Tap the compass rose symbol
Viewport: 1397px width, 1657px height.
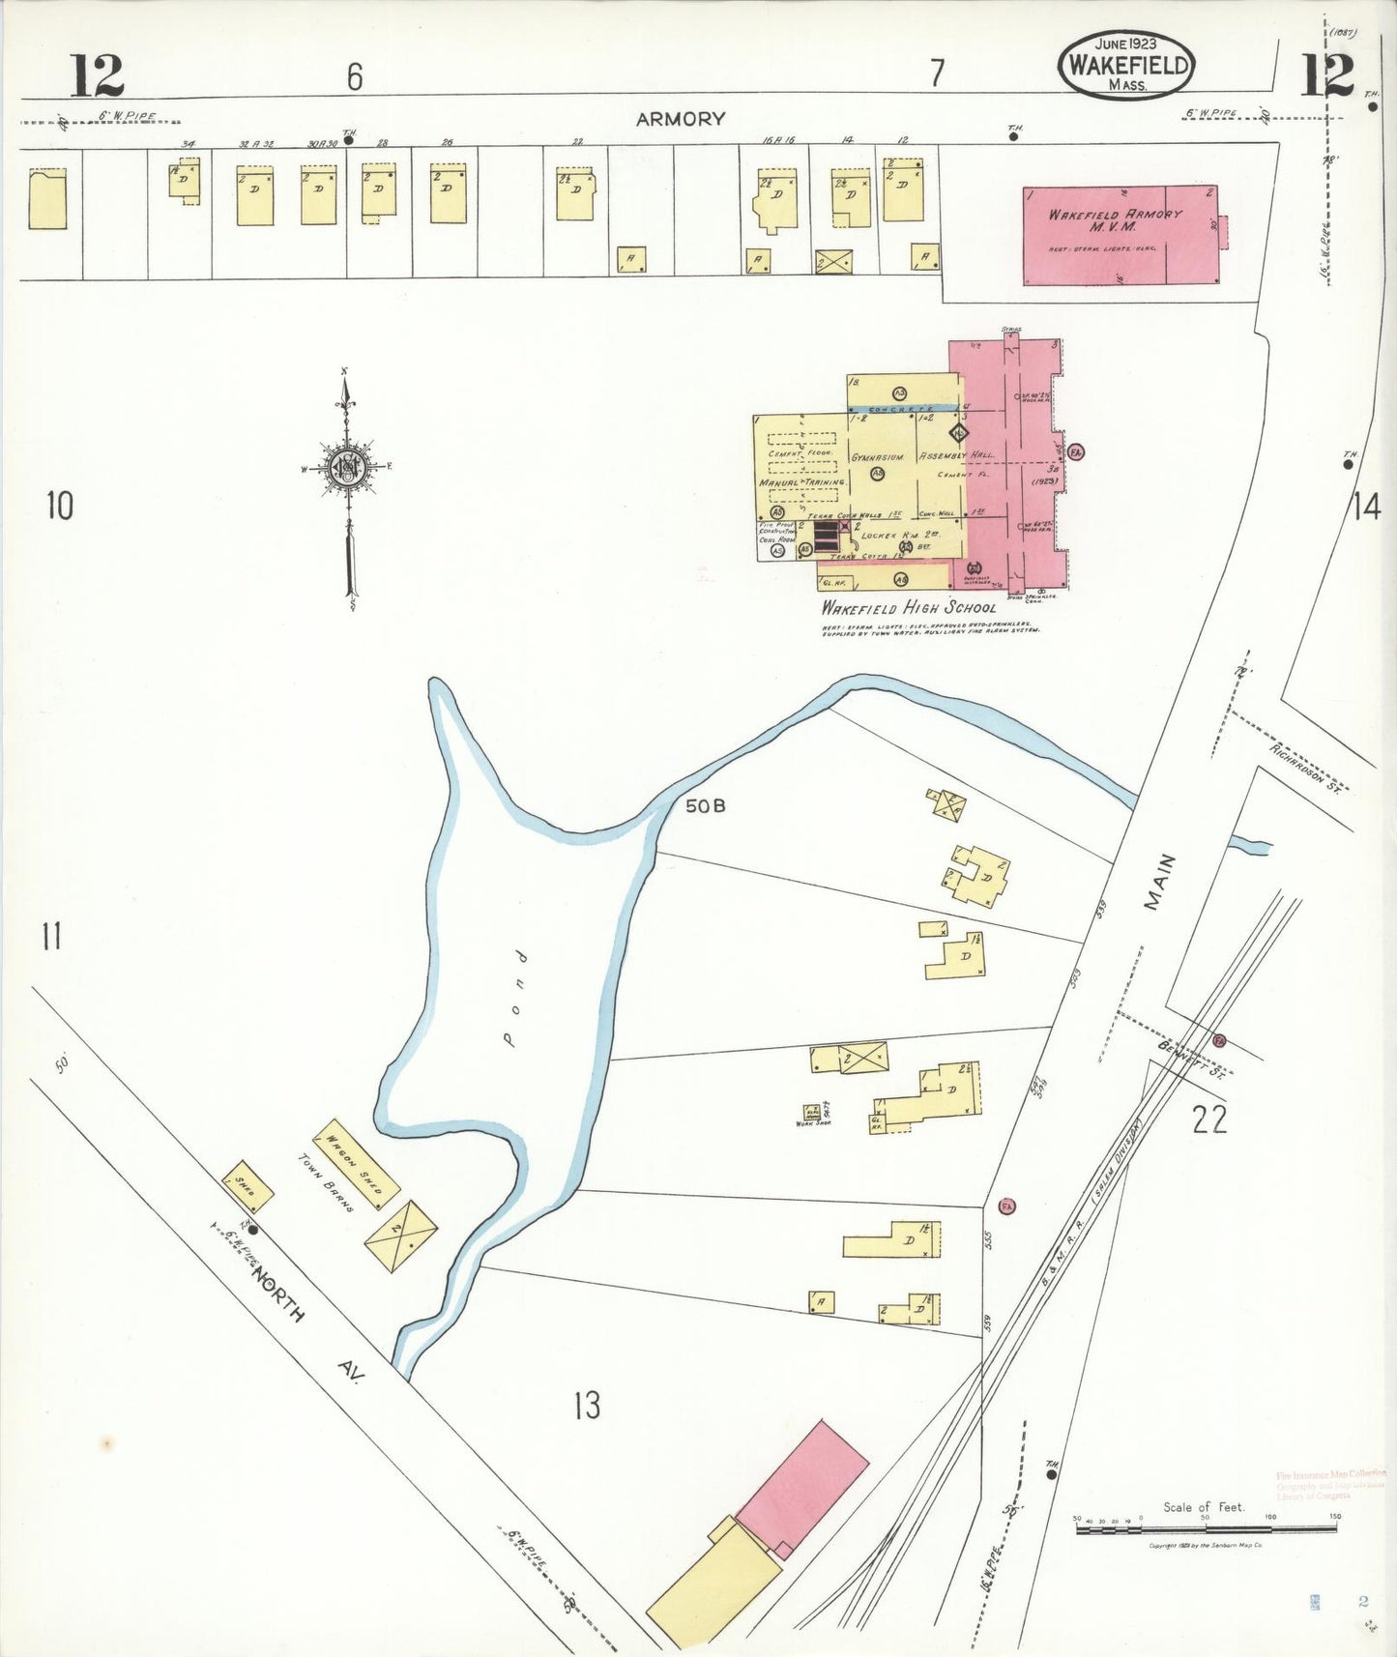[346, 469]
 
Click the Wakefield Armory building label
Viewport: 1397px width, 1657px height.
[1115, 219]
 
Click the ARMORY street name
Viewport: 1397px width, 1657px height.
[680, 119]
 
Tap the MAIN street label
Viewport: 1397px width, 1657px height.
[1159, 881]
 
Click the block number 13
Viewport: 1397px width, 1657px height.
[587, 1405]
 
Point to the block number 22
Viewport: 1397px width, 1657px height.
[1208, 1119]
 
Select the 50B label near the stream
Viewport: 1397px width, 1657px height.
[705, 805]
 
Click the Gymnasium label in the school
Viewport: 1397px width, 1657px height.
[877, 457]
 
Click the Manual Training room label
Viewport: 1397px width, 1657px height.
[801, 481]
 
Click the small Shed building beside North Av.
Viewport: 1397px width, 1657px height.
[247, 1187]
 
